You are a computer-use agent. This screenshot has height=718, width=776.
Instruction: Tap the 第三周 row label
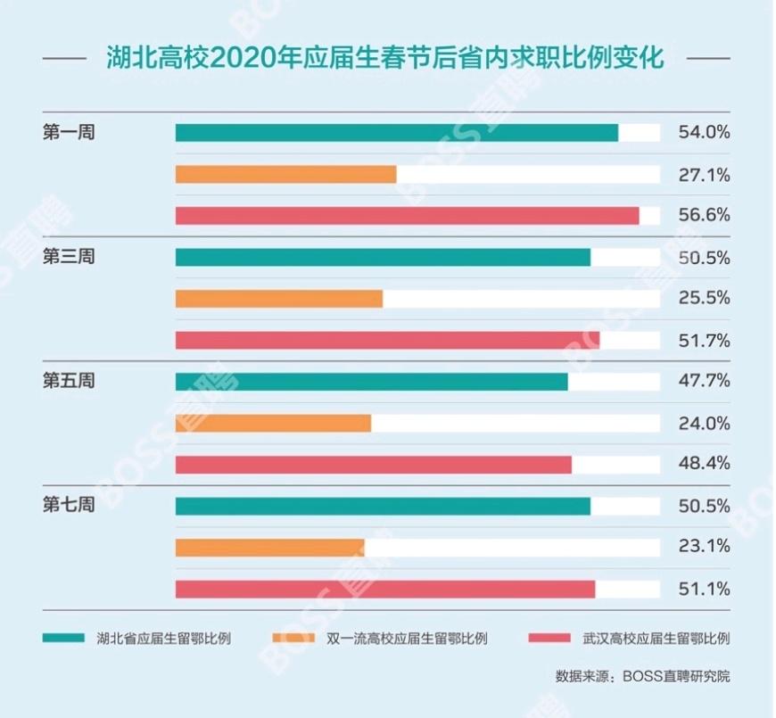click(x=69, y=257)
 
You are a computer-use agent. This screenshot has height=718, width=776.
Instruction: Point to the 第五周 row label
click(x=69, y=381)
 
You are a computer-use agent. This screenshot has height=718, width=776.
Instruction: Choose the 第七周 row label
click(x=69, y=506)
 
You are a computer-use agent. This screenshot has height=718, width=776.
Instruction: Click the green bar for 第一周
click(x=396, y=133)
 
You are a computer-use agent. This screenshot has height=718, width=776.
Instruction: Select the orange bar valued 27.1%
click(x=285, y=174)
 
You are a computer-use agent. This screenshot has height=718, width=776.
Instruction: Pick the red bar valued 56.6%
click(x=407, y=216)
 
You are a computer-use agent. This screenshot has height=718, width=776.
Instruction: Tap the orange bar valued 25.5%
click(x=278, y=298)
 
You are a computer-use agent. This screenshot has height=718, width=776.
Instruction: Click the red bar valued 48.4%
click(x=373, y=465)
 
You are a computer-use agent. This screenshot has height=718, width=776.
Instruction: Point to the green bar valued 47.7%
click(x=371, y=382)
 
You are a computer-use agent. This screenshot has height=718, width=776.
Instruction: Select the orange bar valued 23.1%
click(x=269, y=547)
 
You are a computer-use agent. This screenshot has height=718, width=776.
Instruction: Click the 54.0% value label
click(x=704, y=133)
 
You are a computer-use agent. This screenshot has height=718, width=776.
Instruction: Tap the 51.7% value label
click(x=704, y=340)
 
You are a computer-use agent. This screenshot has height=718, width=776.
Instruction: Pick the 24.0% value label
click(x=704, y=423)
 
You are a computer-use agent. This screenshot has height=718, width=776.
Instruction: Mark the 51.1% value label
click(x=704, y=589)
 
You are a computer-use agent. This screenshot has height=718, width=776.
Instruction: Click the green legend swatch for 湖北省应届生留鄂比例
click(x=63, y=638)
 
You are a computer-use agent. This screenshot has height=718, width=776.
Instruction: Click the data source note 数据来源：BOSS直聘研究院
click(x=642, y=675)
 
